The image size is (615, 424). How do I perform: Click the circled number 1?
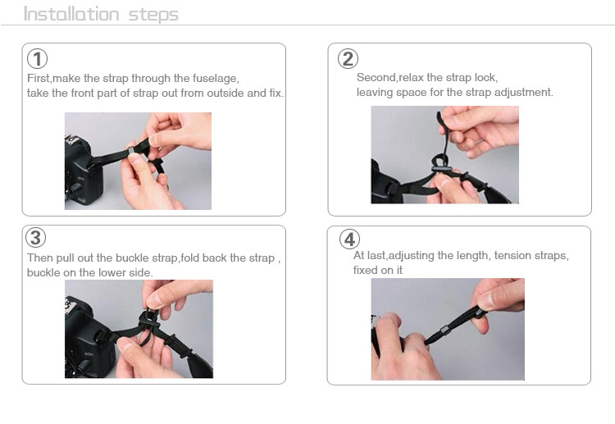37,59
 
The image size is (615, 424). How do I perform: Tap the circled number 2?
348,59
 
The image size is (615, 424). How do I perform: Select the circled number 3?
36,238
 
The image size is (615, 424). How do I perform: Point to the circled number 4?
349,239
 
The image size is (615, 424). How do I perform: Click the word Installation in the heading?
71,14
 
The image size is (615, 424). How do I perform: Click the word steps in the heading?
153,16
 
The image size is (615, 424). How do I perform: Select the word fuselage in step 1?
216,79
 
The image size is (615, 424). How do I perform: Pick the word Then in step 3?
40,258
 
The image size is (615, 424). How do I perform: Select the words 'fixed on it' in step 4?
378,270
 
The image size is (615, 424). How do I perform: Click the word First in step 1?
39,79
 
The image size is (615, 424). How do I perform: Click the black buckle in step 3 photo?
151,317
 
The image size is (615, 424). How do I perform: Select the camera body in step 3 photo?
89,337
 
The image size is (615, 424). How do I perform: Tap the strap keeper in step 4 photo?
444,330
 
